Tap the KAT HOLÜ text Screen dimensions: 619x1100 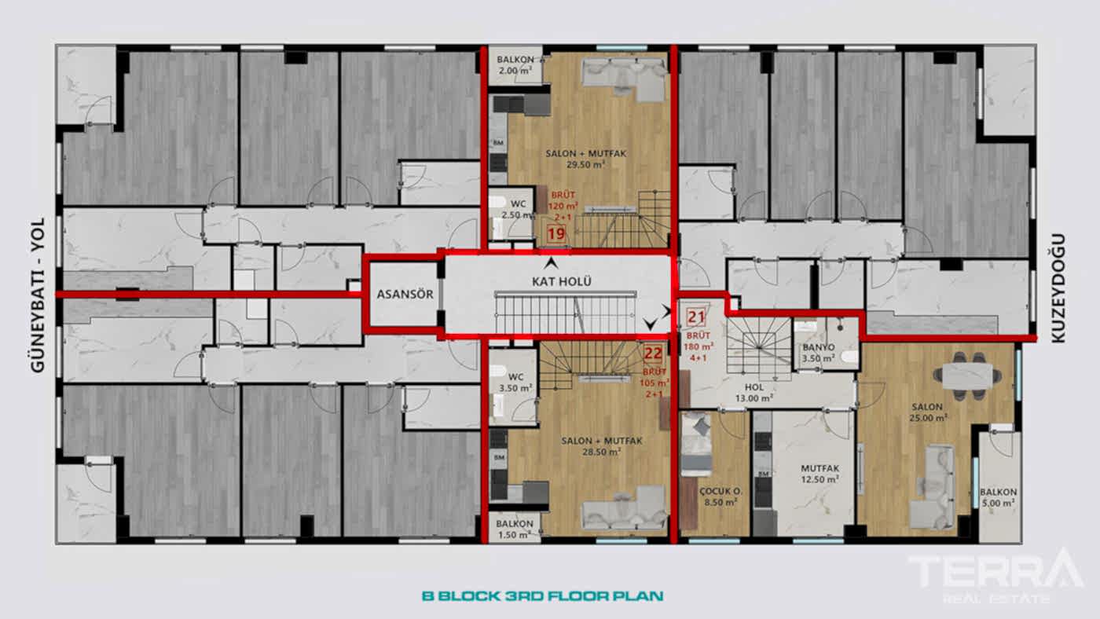pyautogui.click(x=561, y=281)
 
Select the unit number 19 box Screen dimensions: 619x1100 pyautogui.click(x=556, y=233)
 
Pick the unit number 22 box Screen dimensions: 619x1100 pyautogui.click(x=653, y=353)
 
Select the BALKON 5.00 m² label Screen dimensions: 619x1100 pyautogui.click(x=998, y=497)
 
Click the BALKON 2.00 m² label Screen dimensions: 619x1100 pyautogui.click(x=515, y=65)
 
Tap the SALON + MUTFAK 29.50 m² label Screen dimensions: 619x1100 pyautogui.click(x=586, y=159)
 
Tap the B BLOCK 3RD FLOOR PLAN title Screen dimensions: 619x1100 pyautogui.click(x=542, y=595)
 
